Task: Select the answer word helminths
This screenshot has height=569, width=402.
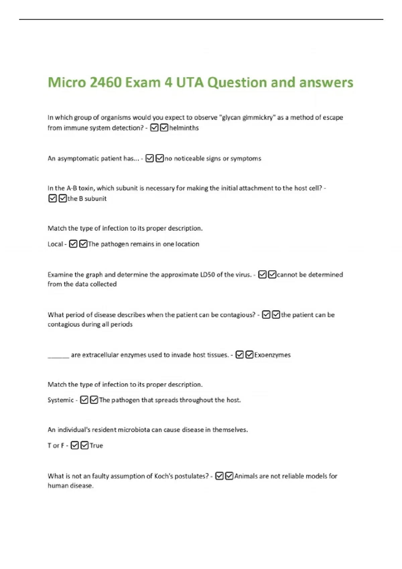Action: point(184,128)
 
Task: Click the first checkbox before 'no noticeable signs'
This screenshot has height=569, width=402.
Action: point(150,158)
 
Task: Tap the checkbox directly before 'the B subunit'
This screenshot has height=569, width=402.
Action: point(63,198)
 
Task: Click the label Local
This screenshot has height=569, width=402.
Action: point(55,244)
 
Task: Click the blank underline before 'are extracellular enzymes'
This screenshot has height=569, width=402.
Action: point(58,355)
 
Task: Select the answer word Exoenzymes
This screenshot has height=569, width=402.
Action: point(272,355)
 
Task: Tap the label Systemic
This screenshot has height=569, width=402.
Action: point(61,400)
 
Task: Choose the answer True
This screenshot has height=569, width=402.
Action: point(96,445)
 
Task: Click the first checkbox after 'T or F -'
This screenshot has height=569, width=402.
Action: point(75,445)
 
